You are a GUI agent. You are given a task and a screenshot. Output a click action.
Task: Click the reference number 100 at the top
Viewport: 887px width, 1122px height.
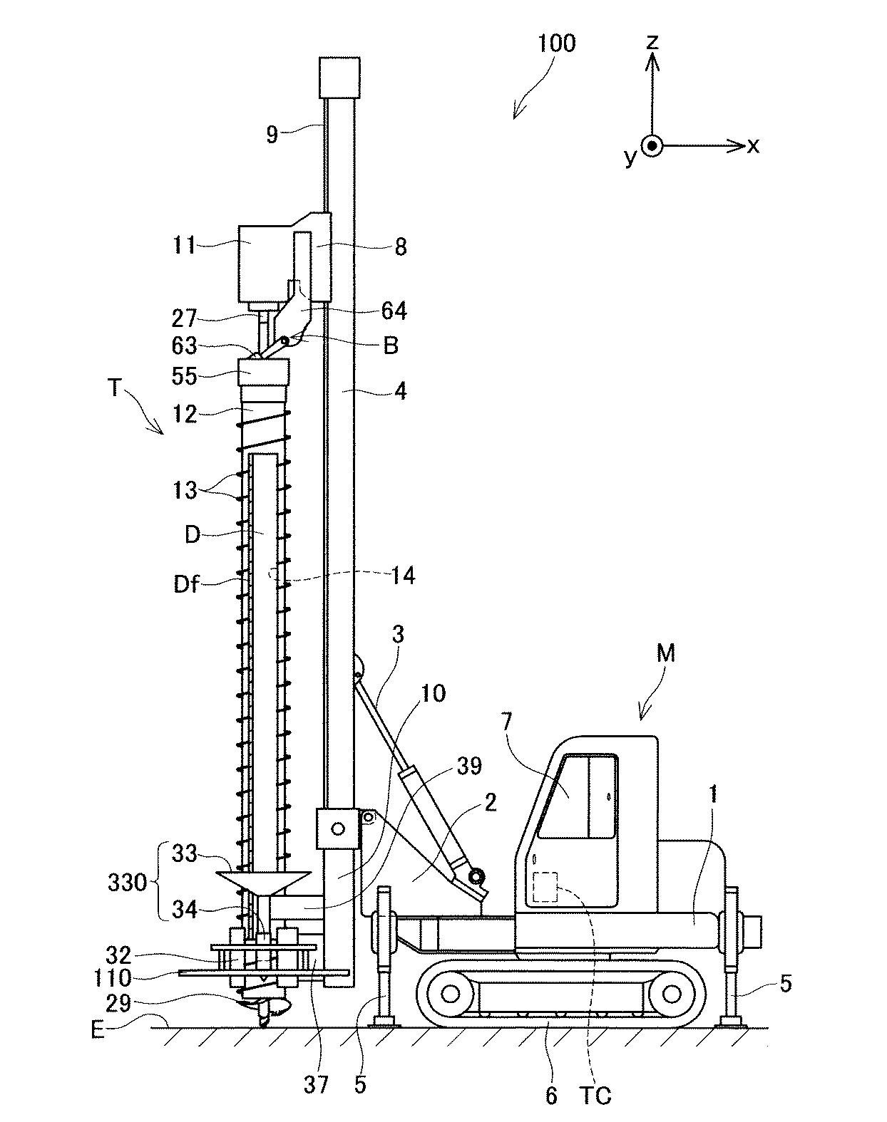click(556, 43)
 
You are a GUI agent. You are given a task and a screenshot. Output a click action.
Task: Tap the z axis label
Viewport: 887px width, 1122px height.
click(652, 43)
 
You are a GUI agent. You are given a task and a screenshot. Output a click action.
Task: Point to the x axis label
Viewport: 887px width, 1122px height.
click(753, 147)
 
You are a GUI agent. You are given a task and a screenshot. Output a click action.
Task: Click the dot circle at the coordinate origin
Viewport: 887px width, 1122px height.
click(652, 146)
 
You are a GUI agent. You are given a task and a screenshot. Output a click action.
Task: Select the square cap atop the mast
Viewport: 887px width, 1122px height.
click(338, 78)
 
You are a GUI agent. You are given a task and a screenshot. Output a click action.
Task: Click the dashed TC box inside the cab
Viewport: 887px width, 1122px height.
click(545, 887)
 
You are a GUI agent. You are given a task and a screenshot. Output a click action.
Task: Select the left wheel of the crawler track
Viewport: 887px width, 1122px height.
click(449, 992)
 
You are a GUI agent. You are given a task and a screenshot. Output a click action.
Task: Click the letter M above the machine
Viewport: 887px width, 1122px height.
click(665, 654)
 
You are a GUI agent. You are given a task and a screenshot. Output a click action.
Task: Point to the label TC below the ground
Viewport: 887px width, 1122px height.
click(595, 1095)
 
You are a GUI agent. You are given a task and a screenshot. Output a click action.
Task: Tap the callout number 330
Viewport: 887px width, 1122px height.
click(128, 883)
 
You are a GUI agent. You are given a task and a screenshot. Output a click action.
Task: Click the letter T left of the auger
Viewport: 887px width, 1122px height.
click(114, 388)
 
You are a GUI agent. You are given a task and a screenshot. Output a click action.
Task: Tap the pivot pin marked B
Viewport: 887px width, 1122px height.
click(284, 341)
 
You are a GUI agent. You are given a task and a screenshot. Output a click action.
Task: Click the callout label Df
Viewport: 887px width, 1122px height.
click(185, 586)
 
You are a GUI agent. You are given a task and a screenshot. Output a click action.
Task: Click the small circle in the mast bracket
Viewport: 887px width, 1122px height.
click(337, 828)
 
